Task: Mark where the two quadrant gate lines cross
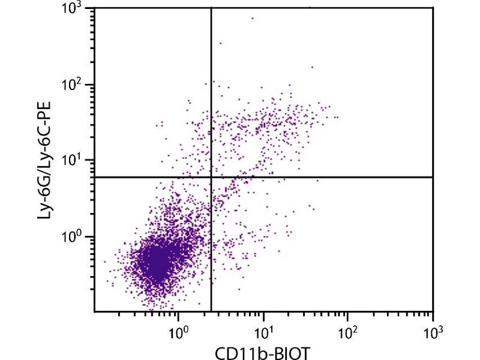[211, 177]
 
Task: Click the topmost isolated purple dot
[252, 18]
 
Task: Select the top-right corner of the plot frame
[433, 8]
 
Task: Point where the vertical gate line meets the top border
[211, 8]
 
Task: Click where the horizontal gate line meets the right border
[433, 177]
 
